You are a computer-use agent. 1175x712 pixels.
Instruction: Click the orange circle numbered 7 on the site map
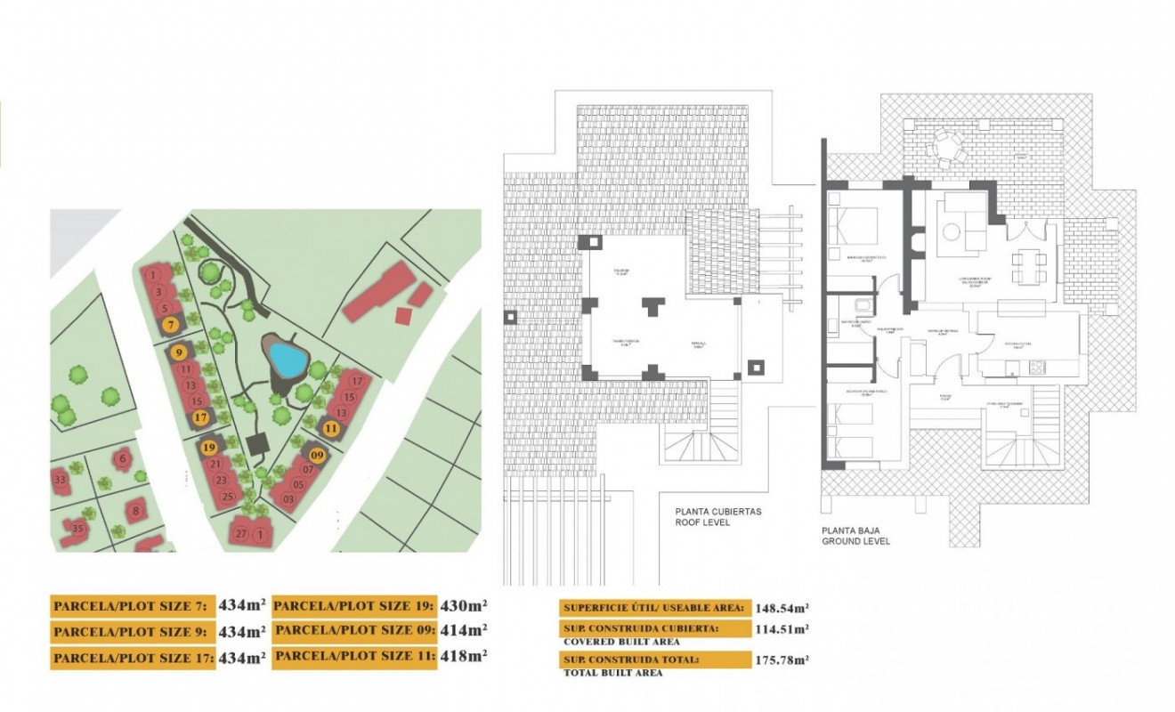click(170, 325)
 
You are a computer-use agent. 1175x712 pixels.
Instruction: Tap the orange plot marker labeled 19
click(209, 448)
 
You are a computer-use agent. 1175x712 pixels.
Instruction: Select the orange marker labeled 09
click(318, 455)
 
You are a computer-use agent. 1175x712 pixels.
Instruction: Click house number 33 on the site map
click(61, 481)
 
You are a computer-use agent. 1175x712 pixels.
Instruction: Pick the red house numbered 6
click(122, 459)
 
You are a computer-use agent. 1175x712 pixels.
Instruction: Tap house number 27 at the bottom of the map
click(240, 534)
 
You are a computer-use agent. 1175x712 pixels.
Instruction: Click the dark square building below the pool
click(260, 442)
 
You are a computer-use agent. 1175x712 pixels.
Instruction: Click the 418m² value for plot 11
click(465, 656)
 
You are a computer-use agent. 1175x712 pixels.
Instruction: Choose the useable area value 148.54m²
click(782, 609)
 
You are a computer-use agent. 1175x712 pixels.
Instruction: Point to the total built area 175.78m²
click(782, 660)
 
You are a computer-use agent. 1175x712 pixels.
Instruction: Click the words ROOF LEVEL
click(703, 523)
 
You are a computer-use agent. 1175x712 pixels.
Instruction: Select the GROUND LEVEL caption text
click(855, 541)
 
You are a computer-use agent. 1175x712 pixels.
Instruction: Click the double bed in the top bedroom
click(853, 226)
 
